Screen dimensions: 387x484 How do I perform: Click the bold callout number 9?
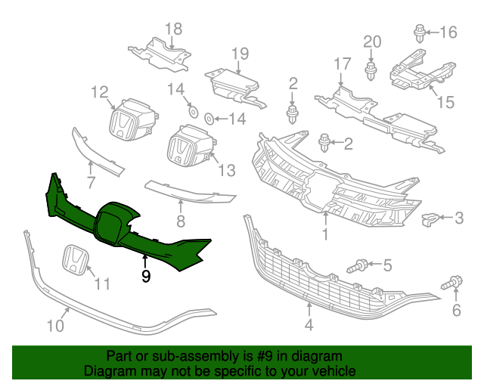tap(146, 277)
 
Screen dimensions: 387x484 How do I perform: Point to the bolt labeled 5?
tap(358, 265)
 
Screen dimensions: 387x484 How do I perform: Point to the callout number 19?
tap(240, 53)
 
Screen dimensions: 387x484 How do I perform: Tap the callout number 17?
tap(342, 63)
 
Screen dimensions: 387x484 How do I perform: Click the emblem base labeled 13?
tap(188, 147)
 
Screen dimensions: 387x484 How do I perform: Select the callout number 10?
tap(54, 326)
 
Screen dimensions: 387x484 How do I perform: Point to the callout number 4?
tap(309, 327)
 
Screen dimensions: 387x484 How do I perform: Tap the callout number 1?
tap(324, 235)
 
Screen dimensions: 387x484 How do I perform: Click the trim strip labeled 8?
tap(189, 194)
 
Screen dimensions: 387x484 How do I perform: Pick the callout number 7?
tap(90, 182)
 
